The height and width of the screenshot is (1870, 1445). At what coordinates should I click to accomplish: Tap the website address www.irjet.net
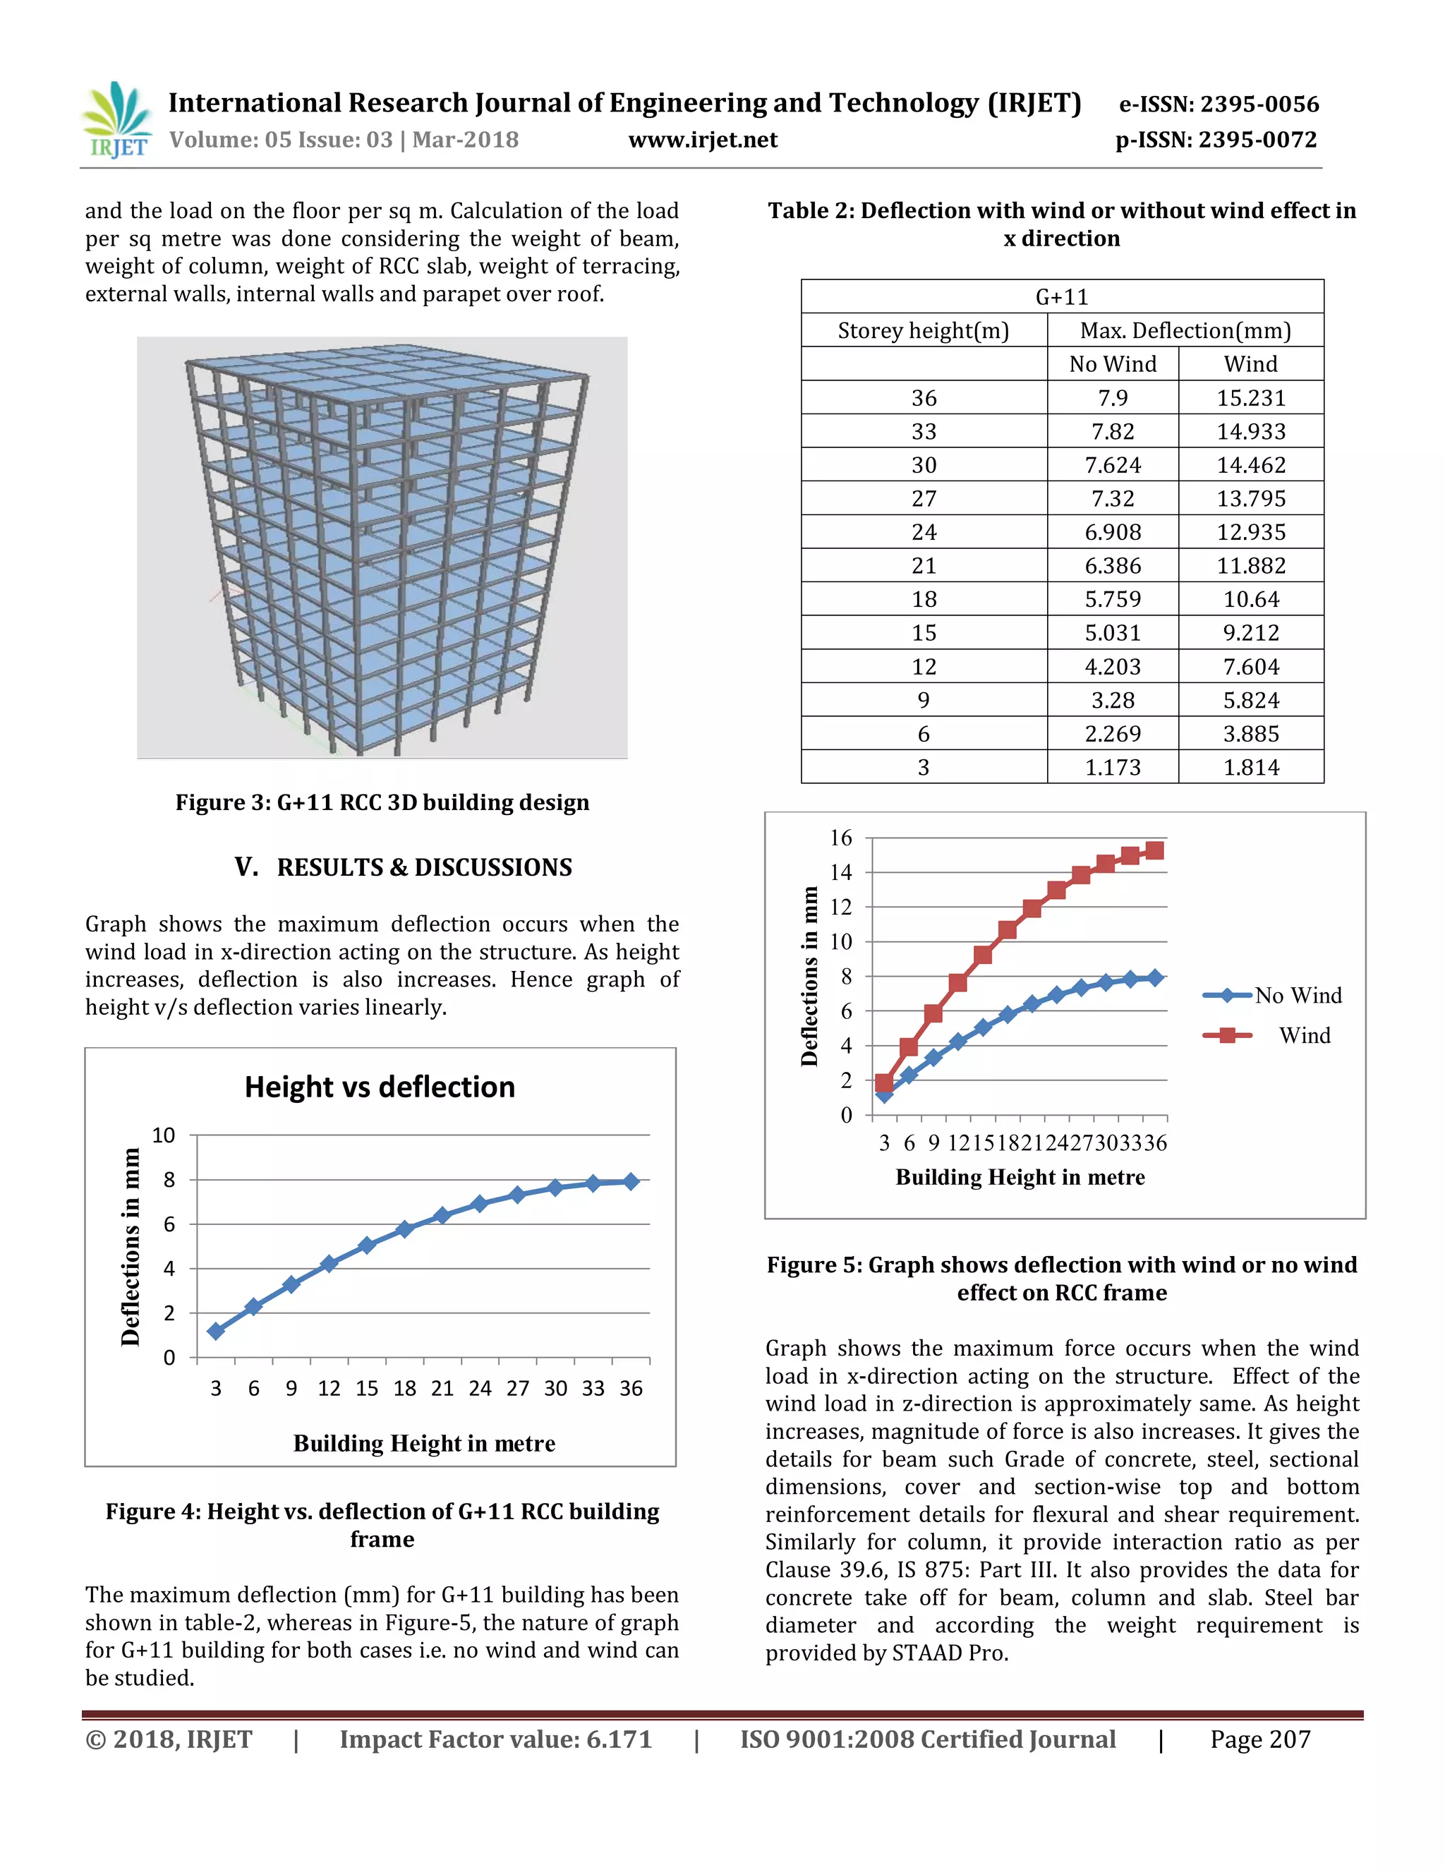click(x=703, y=140)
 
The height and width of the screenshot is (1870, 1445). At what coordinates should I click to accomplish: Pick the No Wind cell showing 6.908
click(x=1112, y=533)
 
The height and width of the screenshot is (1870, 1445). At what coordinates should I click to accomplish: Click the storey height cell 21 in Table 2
click(x=923, y=566)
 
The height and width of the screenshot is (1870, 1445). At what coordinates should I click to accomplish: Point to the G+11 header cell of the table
click(x=1061, y=297)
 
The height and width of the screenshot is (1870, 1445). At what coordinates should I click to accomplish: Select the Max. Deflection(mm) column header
click(x=1185, y=330)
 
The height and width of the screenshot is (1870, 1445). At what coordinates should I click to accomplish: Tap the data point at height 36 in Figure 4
click(x=631, y=1181)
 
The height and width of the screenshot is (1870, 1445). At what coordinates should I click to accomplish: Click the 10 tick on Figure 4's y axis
click(x=164, y=1135)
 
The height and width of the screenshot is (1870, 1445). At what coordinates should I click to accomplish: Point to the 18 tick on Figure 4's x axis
click(x=404, y=1388)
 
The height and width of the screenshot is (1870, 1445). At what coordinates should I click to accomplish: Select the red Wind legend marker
click(x=1227, y=1035)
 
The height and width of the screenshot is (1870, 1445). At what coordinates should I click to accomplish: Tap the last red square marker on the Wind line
click(x=1154, y=850)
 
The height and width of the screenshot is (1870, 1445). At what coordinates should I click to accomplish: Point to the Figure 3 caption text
click(x=382, y=802)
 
